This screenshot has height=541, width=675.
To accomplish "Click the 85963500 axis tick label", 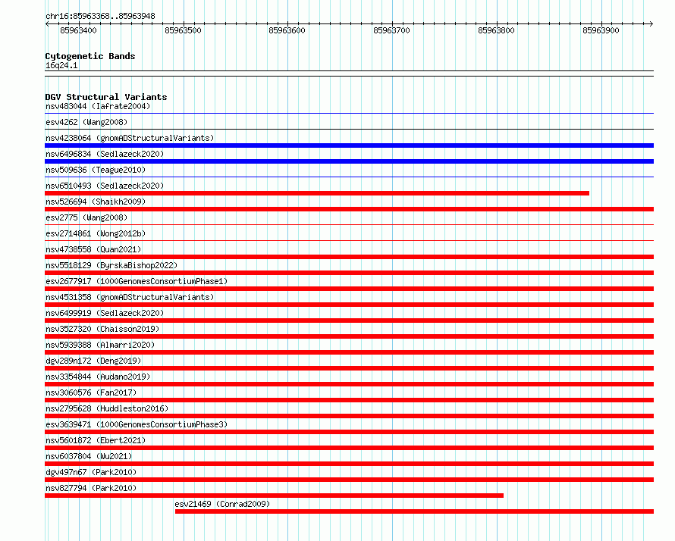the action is tap(183, 30).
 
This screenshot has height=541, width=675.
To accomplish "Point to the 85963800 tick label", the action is tap(496, 30).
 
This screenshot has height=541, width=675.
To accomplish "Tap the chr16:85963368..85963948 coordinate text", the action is tap(100, 16).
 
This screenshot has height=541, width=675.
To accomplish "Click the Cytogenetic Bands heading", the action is tap(90, 56).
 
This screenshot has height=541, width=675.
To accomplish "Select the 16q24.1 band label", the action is tap(61, 65).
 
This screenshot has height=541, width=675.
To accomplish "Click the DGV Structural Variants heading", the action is tap(106, 97).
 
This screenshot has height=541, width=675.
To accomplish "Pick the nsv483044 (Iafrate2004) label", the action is tap(98, 106).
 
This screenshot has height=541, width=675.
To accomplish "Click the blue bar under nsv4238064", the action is tap(349, 145).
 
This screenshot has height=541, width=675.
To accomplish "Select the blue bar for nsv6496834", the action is tap(349, 161).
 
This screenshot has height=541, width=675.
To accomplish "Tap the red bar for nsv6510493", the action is tap(317, 193).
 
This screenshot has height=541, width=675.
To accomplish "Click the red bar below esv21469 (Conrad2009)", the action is tap(415, 511).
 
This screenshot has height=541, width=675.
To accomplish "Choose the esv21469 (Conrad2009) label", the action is tap(222, 504).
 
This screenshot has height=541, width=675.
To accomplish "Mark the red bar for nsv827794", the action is tap(275, 496).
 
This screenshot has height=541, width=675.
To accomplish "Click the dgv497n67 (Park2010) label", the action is tap(91, 472).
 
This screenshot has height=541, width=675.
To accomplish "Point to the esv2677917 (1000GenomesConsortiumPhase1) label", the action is tap(137, 281).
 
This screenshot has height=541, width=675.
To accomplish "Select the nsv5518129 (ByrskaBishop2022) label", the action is tap(111, 265).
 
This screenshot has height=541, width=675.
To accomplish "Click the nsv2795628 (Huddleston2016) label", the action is tap(107, 408).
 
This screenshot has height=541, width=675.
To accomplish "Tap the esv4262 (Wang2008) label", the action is tap(86, 122).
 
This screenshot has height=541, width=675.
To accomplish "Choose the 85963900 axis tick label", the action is tap(601, 30).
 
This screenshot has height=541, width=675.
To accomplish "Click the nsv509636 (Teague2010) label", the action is tap(96, 170).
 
